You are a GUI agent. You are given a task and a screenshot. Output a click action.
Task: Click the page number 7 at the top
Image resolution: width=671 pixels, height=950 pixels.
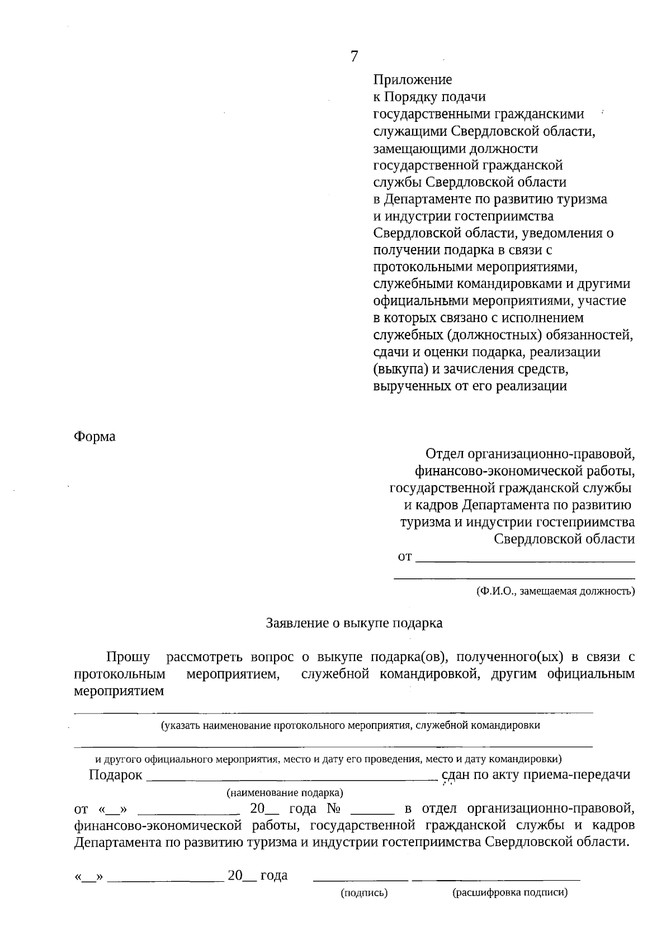click(354, 56)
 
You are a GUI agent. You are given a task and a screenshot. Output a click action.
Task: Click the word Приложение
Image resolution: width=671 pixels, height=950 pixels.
click(412, 80)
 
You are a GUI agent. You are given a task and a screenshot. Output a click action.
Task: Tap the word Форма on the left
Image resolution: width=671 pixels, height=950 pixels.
click(94, 436)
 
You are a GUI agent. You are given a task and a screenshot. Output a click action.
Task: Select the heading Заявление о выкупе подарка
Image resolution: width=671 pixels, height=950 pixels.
click(354, 623)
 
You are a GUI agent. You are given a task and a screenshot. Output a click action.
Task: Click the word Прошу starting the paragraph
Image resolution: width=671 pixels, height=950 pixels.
click(128, 657)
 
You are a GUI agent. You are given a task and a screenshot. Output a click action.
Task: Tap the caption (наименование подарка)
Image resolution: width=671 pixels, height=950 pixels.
click(285, 792)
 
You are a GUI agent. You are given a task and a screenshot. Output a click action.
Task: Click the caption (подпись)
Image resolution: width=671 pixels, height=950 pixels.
click(364, 893)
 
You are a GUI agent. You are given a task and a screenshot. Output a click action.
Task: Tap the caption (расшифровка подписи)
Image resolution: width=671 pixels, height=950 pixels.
click(509, 893)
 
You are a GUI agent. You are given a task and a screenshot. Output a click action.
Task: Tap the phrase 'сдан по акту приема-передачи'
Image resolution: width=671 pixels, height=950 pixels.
click(536, 775)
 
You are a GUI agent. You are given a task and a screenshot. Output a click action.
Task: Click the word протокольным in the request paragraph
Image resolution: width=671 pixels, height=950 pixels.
click(119, 674)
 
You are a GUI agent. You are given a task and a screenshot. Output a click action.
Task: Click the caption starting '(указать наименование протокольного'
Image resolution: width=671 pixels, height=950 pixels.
click(350, 726)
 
